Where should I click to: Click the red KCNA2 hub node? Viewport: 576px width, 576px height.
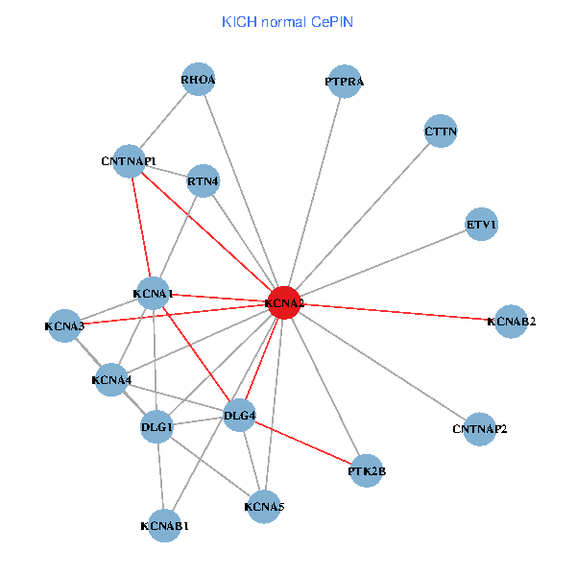284,303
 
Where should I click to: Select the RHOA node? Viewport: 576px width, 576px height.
199,80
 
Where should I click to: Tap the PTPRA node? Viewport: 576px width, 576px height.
345,83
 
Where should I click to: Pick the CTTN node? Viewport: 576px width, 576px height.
441,131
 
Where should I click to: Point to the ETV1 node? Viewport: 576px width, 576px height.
482,226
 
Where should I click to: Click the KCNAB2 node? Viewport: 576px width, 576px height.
511,321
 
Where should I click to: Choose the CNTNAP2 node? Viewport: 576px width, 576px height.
479,428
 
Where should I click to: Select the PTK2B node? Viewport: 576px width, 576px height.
367,470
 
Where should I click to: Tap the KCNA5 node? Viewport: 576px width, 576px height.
264,506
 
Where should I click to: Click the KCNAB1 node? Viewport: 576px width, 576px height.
164,525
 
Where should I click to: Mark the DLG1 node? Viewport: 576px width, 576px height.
157,426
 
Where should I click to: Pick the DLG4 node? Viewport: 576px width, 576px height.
239,416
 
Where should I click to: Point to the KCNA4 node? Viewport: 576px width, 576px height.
111,380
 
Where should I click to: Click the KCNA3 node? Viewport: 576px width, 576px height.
64,326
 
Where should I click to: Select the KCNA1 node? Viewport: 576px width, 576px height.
154,293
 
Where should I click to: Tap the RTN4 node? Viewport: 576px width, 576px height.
204,180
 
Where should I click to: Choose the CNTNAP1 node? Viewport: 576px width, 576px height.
129,161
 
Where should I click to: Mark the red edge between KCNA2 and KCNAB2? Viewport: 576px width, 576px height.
397,312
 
